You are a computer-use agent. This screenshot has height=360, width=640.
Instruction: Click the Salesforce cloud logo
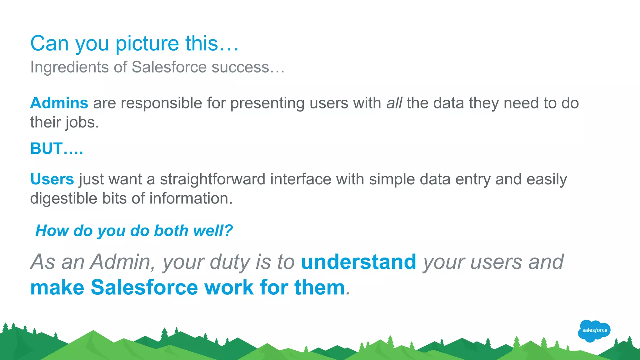pyautogui.click(x=594, y=330)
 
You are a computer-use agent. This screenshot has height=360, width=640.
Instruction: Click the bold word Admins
pyautogui.click(x=59, y=103)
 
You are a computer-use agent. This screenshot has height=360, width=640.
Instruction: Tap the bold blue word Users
pyautogui.click(x=52, y=179)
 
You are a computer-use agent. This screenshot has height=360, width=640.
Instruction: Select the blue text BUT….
pyautogui.click(x=57, y=148)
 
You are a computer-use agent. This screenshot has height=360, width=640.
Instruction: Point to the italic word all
pyautogui.click(x=394, y=103)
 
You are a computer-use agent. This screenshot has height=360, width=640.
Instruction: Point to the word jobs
pyautogui.click(x=82, y=122)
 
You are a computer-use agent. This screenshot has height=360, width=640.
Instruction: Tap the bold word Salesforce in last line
pyautogui.click(x=144, y=287)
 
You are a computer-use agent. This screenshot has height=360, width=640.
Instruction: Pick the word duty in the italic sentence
pyautogui.click(x=230, y=262)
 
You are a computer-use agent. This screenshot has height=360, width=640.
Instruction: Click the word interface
pyautogui.click(x=301, y=179)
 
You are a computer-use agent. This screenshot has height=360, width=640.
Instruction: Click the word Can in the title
pyautogui.click(x=49, y=43)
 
